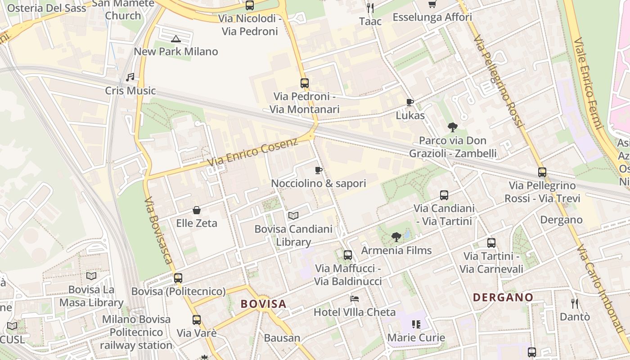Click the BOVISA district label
point(263,304)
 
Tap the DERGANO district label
point(503,297)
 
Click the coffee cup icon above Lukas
point(409,102)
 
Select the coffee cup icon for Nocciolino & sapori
point(318,170)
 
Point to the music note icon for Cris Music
point(130,77)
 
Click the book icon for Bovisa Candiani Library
point(293,216)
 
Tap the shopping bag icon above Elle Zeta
point(197,210)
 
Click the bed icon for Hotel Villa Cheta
point(355,299)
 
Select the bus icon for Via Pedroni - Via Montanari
point(305,83)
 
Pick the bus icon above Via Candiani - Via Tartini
point(444,195)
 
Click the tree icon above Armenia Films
point(396,237)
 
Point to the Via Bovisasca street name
point(158,230)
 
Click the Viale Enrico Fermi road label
point(588,83)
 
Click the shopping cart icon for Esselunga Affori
point(432,4)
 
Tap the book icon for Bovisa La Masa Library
point(91,276)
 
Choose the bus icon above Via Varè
point(197,320)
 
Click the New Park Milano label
point(176,51)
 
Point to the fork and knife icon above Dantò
point(575,304)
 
